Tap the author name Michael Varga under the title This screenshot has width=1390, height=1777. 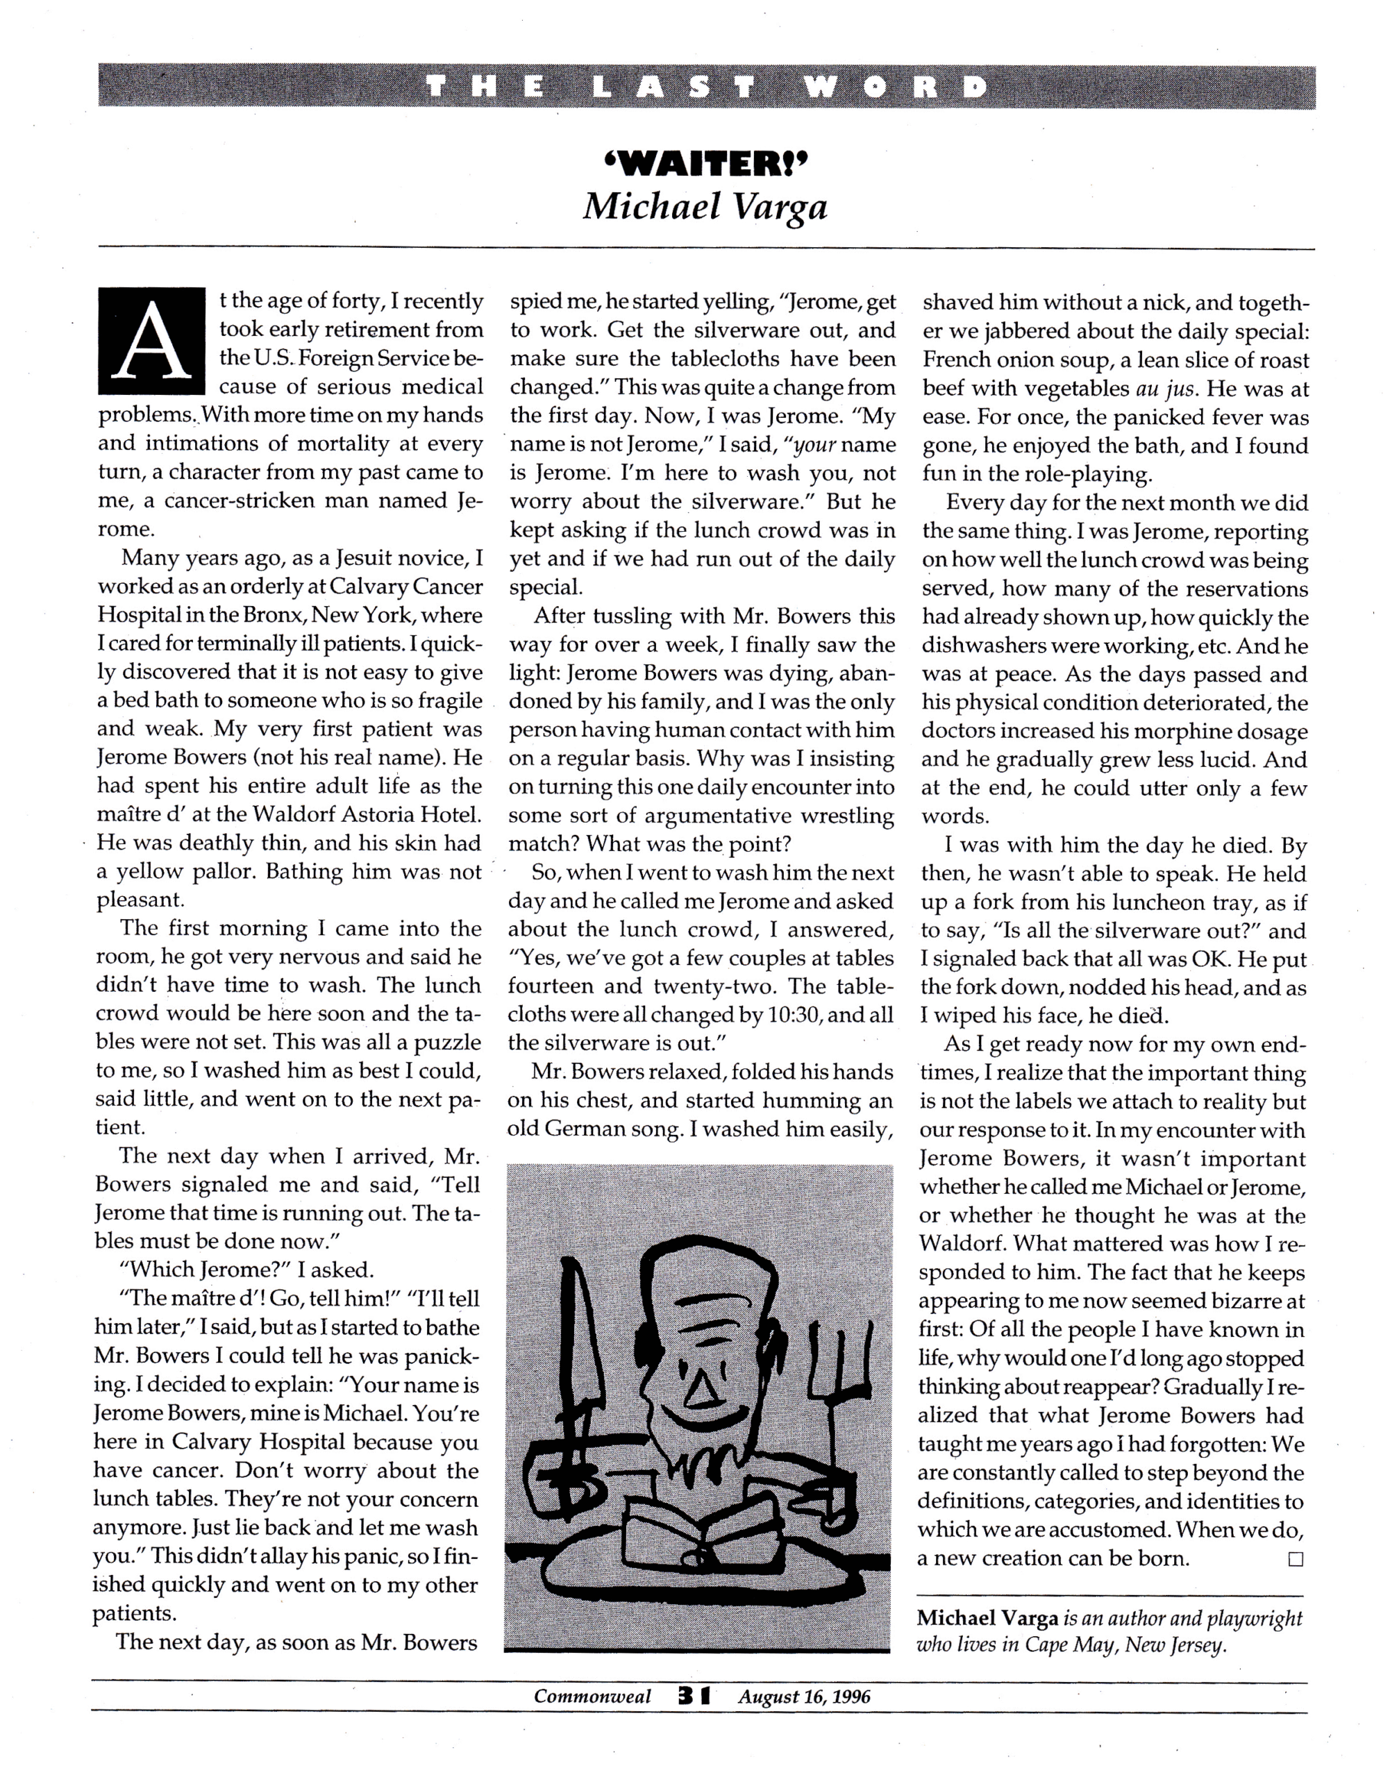pos(705,207)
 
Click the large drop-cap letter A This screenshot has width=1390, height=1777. pos(151,341)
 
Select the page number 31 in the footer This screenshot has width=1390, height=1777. pos(694,1696)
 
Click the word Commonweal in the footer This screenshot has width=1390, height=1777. pos(592,1696)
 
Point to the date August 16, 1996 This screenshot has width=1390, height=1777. pos(804,1696)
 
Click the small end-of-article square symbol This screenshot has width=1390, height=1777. pos(1296,1560)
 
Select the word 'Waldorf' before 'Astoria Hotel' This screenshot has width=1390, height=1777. pos(297,814)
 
